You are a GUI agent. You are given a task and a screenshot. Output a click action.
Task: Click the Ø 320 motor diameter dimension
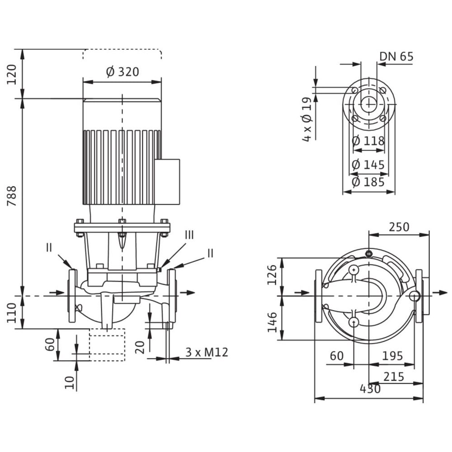pos(122,72)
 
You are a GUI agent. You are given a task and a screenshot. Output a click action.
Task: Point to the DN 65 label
pos(396,56)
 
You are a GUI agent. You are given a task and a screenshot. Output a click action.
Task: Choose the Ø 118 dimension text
pos(368,141)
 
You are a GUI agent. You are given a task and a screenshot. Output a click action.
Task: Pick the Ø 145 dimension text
pos(368,165)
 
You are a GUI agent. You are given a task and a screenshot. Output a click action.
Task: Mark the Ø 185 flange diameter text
pos(368,182)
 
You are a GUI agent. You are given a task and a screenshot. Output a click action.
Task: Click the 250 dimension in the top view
pos(399,226)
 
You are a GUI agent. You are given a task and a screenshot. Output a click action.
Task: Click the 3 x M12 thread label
pos(207,352)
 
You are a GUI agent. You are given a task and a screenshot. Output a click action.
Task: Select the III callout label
pos(189,235)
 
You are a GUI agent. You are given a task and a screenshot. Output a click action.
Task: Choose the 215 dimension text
pos(393,376)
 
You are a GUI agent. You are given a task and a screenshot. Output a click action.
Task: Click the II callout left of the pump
pos(49,247)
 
